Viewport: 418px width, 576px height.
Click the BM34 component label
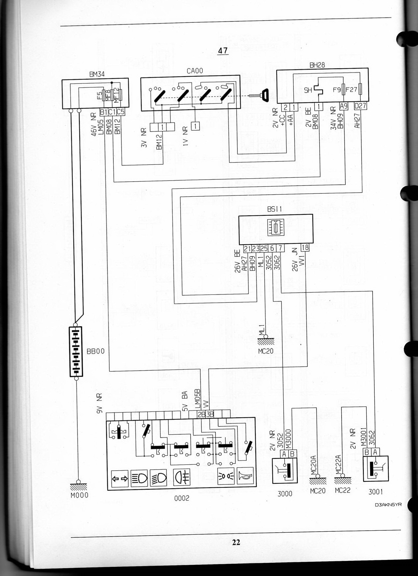point(97,74)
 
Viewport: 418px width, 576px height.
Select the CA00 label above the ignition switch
point(195,71)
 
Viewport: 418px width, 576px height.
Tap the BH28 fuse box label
point(317,65)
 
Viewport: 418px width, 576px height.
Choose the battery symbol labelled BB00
point(76,351)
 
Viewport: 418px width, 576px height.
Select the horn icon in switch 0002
point(245,476)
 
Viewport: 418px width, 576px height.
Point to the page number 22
point(236,542)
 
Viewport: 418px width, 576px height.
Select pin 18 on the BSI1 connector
point(305,248)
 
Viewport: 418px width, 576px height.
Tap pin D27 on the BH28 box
point(361,106)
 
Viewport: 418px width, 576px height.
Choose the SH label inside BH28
point(308,90)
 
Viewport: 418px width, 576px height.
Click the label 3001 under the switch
point(375,492)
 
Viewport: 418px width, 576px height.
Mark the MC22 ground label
point(343,492)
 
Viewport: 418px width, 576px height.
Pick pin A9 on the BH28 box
point(343,106)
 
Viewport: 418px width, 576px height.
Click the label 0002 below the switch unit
point(181,498)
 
